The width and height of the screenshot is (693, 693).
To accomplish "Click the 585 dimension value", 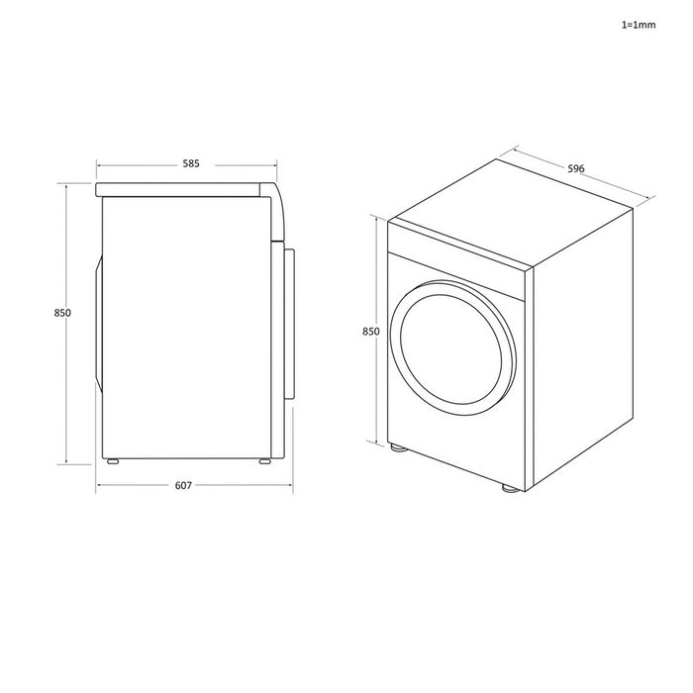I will click(x=188, y=163).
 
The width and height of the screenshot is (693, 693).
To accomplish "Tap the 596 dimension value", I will click(x=575, y=168).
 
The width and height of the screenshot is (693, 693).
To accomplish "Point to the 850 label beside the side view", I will click(x=62, y=313).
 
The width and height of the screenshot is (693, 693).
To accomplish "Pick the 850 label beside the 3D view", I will click(x=371, y=332).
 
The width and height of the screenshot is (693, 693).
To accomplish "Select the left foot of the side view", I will click(x=112, y=461).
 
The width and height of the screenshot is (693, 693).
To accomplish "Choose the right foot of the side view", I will click(x=264, y=461).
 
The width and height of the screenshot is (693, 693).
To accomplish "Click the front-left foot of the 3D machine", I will click(x=397, y=448).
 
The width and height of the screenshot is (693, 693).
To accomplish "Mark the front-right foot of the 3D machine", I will click(x=508, y=488).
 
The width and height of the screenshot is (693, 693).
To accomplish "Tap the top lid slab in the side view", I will click(x=183, y=187).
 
